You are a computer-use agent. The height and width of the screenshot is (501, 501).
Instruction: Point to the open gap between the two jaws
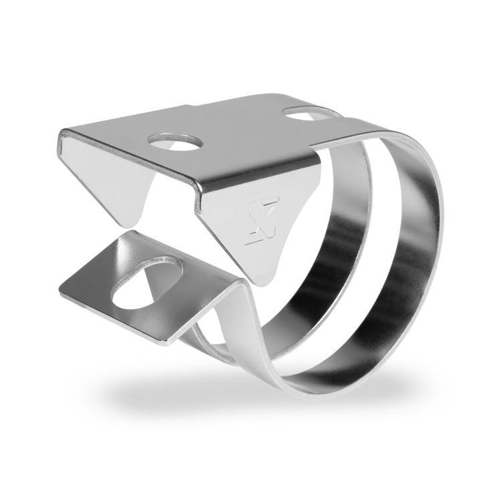coord(174,230)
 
